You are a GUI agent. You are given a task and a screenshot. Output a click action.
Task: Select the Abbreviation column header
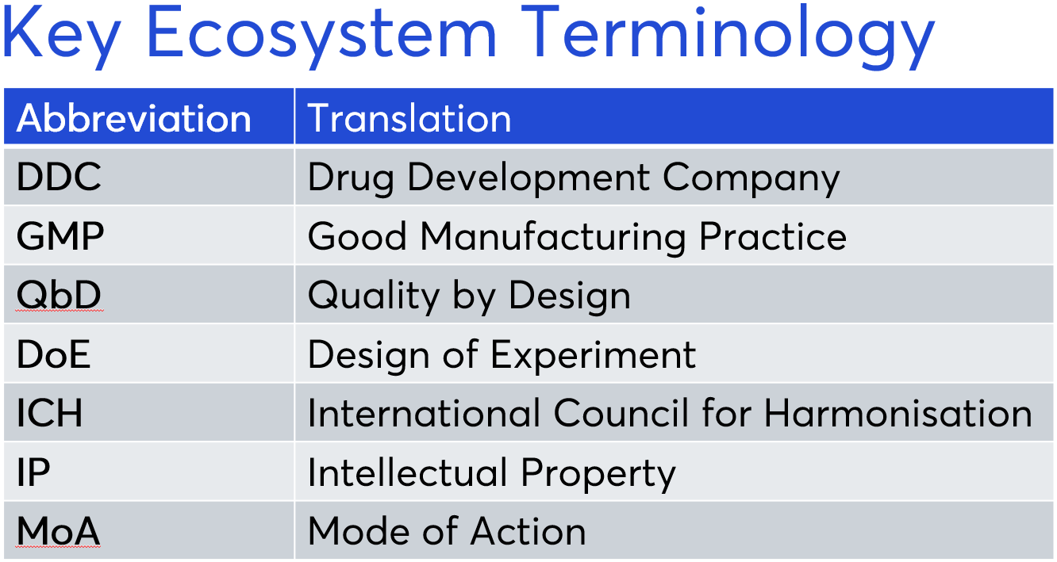(x=133, y=118)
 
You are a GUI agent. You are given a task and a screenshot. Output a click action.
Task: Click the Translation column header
(x=409, y=118)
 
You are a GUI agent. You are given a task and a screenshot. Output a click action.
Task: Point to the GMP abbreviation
(x=60, y=235)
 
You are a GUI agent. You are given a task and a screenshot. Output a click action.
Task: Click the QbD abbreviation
(x=59, y=295)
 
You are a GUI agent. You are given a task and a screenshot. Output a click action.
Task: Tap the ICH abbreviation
(x=49, y=413)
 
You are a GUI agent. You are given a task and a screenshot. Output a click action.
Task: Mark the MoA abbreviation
(x=58, y=531)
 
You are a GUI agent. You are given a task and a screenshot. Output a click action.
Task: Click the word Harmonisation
(x=898, y=413)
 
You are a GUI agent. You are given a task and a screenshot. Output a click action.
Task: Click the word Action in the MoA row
(x=528, y=531)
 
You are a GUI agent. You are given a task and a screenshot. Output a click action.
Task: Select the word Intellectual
(x=407, y=472)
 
